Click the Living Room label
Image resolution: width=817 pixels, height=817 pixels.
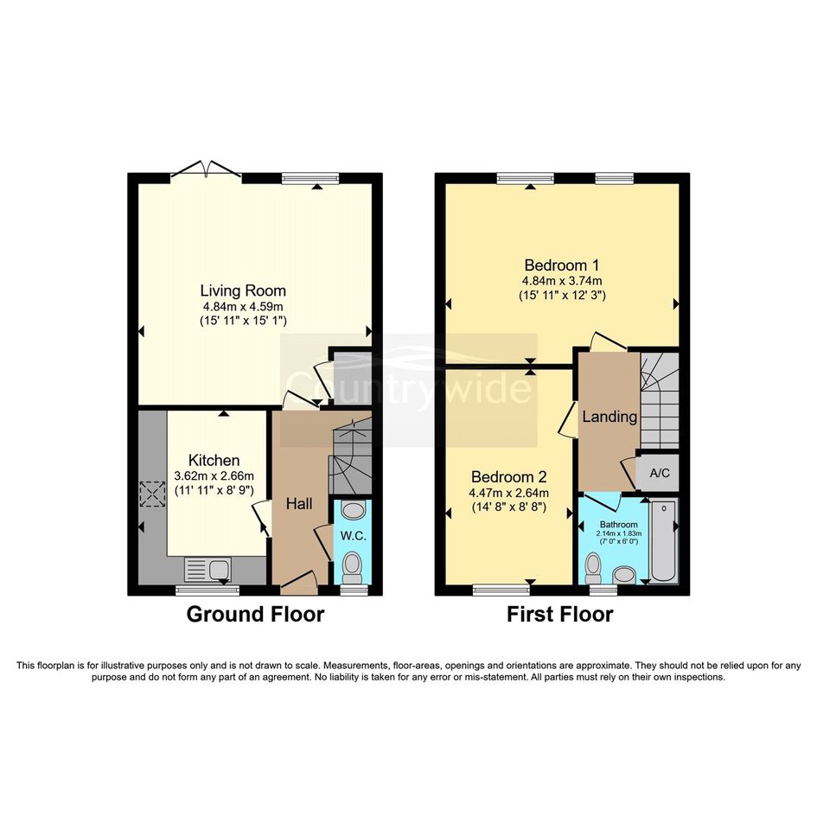click(x=243, y=290)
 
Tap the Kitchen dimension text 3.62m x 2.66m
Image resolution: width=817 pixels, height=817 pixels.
click(x=214, y=476)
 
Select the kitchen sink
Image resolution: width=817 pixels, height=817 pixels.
click(x=207, y=569)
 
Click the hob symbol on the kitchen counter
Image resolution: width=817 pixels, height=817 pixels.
click(x=152, y=494)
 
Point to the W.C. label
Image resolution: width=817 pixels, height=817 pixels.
click(x=354, y=536)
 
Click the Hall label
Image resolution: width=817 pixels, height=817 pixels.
click(x=299, y=503)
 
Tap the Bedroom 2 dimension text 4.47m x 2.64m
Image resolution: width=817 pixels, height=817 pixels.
click(x=509, y=493)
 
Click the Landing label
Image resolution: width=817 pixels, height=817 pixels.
click(x=610, y=417)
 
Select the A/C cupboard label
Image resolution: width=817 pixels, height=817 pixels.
click(x=660, y=473)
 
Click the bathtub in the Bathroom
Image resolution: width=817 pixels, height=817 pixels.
click(x=663, y=539)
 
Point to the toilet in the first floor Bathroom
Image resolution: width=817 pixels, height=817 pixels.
click(x=592, y=568)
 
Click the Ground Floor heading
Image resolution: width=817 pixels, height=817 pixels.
click(x=255, y=614)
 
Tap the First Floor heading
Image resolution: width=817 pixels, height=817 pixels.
click(x=560, y=614)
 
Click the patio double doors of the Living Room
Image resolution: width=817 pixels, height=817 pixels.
click(x=206, y=169)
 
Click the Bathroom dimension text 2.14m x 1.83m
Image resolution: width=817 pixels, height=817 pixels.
click(x=618, y=533)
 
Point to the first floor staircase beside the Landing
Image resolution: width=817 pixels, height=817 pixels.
click(x=660, y=400)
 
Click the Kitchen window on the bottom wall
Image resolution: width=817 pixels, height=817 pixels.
click(x=207, y=590)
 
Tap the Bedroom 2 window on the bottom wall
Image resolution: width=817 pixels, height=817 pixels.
click(x=501, y=590)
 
